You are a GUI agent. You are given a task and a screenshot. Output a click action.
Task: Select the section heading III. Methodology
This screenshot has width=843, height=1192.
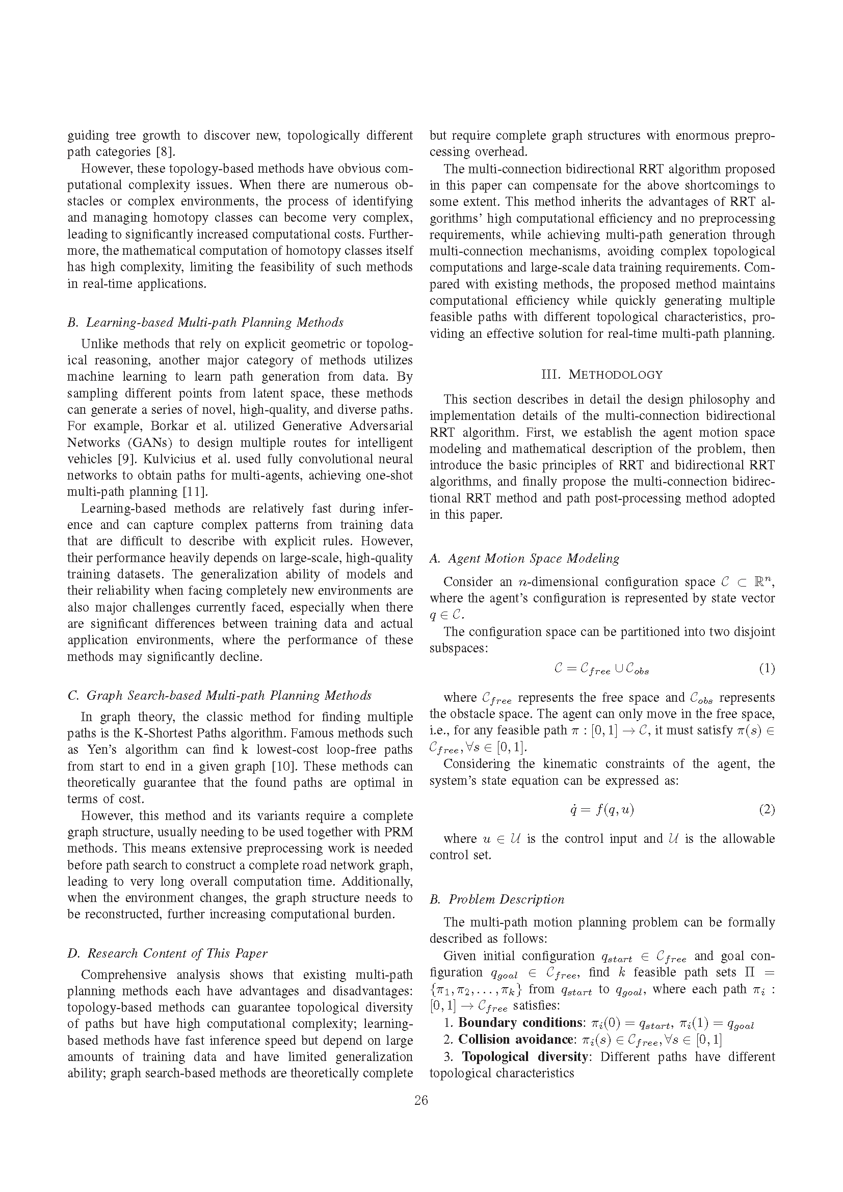(601, 375)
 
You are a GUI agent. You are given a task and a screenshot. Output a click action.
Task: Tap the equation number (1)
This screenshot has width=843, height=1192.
(767, 669)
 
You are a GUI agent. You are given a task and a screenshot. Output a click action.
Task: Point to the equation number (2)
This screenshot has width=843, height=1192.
(767, 810)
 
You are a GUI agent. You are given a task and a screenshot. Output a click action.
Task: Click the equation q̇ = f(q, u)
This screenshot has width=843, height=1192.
(601, 810)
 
